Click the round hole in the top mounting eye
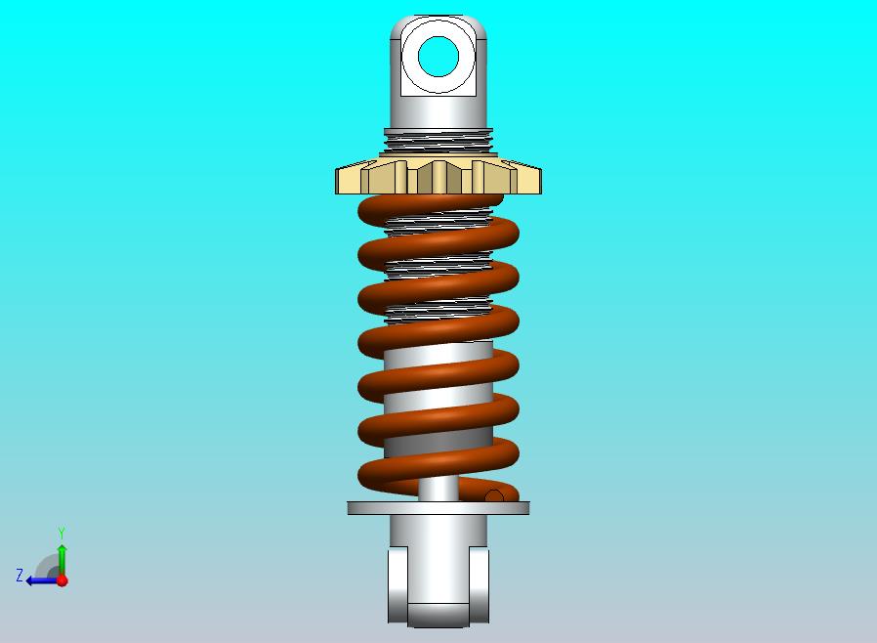(x=438, y=57)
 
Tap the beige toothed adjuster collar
(x=438, y=177)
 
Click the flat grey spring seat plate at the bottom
(x=438, y=508)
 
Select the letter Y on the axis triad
(x=62, y=533)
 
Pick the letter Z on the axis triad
(x=20, y=575)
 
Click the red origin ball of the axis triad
(x=63, y=580)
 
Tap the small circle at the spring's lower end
(x=494, y=496)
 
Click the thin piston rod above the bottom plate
(x=438, y=490)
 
